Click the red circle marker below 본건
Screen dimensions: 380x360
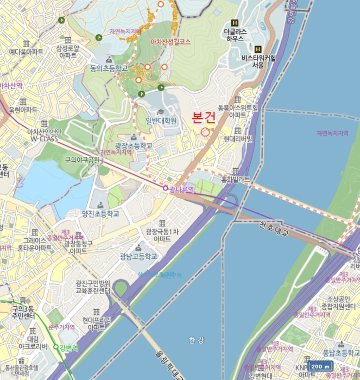click(x=205, y=132)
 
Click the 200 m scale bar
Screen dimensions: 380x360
click(x=320, y=366)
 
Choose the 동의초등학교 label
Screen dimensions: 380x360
click(x=109, y=68)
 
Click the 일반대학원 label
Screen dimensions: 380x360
click(x=161, y=121)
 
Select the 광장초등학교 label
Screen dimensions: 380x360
click(x=134, y=147)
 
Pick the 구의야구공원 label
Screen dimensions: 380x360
click(x=83, y=160)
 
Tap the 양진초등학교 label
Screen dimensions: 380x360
click(x=100, y=214)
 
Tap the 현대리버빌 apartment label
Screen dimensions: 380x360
click(x=238, y=139)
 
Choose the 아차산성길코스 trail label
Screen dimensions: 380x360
click(x=170, y=41)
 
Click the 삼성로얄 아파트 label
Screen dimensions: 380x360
click(x=67, y=52)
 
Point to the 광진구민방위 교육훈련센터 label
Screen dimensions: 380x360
click(x=93, y=287)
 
